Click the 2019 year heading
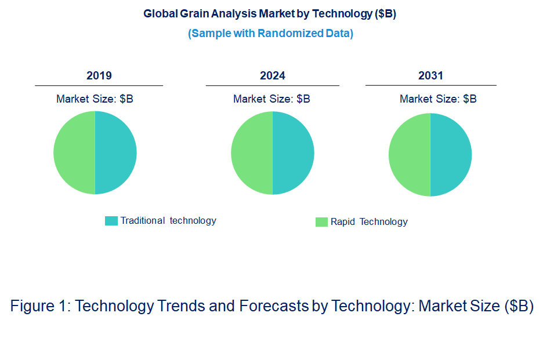click(x=99, y=76)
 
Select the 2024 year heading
click(x=273, y=76)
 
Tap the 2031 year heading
click(x=430, y=76)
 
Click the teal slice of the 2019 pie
click(x=116, y=152)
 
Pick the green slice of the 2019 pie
click(x=74, y=152)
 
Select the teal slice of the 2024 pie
click(x=294, y=152)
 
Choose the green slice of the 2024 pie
click(x=252, y=152)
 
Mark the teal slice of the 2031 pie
click(x=451, y=154)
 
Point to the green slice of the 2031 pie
click(x=410, y=154)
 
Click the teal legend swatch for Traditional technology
click(x=111, y=221)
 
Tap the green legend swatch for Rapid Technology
click(x=321, y=222)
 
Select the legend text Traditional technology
click(x=168, y=221)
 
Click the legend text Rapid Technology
click(x=369, y=222)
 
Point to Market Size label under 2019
click(x=95, y=99)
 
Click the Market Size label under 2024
click(x=271, y=99)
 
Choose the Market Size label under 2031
click(x=438, y=99)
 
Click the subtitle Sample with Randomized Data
click(x=270, y=34)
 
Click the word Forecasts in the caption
click(x=273, y=306)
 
